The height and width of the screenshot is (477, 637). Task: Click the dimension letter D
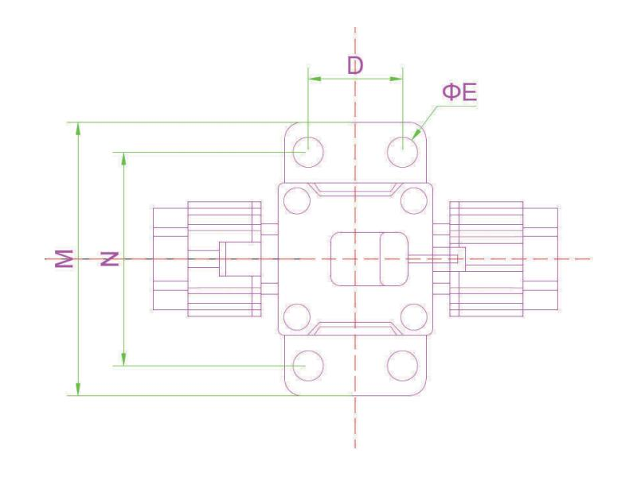355,65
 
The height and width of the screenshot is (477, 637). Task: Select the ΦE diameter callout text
459,92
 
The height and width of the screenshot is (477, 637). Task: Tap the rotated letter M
64,258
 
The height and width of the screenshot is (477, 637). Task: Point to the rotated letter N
110,259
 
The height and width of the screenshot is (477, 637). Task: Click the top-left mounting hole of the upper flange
308,152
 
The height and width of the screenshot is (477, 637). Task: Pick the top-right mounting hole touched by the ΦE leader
402,152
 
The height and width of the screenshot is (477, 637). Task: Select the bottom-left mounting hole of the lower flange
308,366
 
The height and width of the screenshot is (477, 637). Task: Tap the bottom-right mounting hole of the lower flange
402,366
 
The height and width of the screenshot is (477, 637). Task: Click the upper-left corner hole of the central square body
297,201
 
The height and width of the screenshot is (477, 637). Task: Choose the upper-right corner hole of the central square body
414,201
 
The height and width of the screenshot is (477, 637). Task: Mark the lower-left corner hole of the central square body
297,316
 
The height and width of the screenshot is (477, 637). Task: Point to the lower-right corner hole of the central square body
414,316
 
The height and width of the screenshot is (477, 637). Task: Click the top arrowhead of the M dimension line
78,128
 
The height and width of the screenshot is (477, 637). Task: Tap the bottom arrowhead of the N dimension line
123,359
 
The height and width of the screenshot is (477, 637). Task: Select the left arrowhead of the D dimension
315,79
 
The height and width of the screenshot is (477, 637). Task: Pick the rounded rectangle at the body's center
369,259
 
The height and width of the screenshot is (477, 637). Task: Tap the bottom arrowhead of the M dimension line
78,389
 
